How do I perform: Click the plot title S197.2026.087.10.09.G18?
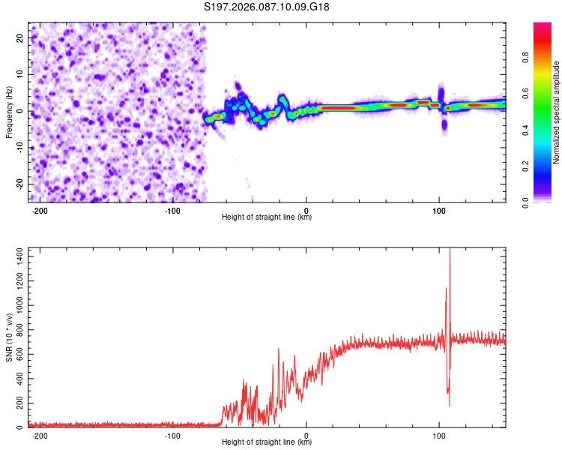pos(268,7)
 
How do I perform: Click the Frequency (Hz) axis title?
pos(9,112)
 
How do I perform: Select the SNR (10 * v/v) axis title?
pos(9,337)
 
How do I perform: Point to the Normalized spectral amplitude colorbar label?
pos(556,112)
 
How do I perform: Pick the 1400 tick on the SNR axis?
pos(16,257)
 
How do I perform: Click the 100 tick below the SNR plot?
pos(440,436)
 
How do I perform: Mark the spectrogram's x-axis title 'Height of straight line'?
pos(267,217)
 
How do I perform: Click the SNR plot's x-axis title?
pos(267,442)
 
